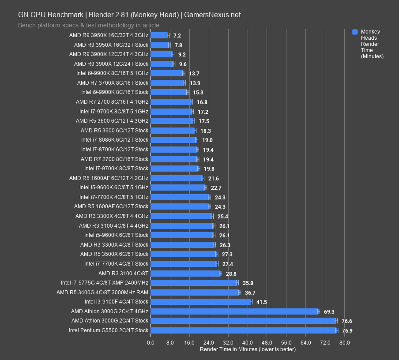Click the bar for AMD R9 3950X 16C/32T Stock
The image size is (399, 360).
(160, 45)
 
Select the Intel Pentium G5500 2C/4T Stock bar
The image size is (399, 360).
(244, 330)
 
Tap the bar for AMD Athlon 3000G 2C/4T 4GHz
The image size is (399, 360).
(234, 311)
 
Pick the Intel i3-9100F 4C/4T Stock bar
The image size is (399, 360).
(201, 302)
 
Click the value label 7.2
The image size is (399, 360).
(177, 35)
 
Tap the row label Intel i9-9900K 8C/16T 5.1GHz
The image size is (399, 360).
(112, 73)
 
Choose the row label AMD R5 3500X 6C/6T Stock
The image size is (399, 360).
(114, 254)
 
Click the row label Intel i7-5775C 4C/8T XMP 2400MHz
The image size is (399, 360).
(105, 283)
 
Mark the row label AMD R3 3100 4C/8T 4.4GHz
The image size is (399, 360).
(113, 225)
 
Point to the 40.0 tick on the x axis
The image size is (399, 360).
(248, 343)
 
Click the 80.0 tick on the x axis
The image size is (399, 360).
(345, 343)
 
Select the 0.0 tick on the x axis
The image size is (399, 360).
(151, 343)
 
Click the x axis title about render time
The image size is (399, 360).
(248, 349)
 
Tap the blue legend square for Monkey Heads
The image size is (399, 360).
(355, 32)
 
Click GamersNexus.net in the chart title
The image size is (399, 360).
(213, 15)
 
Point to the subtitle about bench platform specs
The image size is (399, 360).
(89, 25)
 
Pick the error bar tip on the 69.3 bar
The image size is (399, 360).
(319, 311)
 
